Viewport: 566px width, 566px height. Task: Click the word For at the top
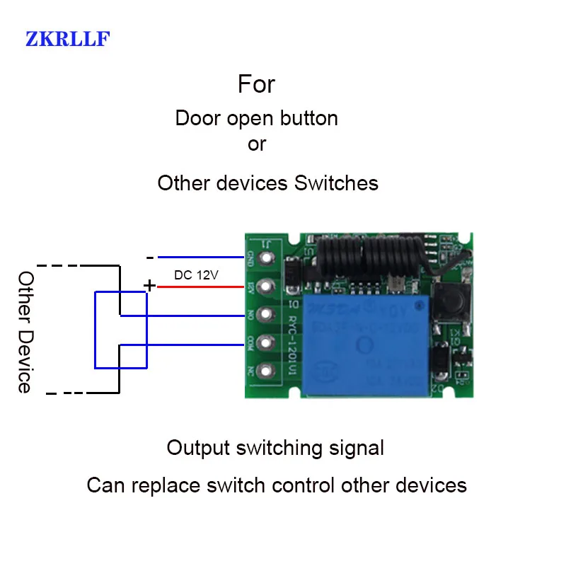[x=256, y=85]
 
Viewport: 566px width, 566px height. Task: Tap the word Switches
[x=336, y=183]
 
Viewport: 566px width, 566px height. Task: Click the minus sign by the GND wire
[x=149, y=258]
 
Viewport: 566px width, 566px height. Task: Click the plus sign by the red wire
[x=149, y=285]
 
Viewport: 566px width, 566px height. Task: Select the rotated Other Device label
[x=25, y=331]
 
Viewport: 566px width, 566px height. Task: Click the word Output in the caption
[x=198, y=448]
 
